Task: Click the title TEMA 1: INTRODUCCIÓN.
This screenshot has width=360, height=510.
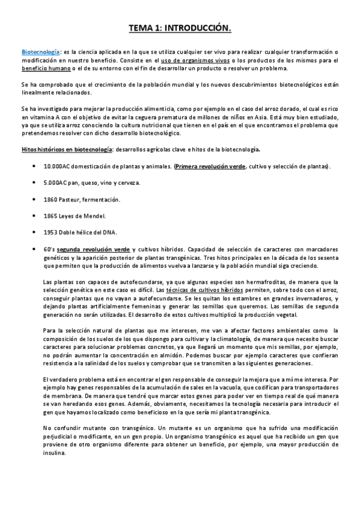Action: click(180, 28)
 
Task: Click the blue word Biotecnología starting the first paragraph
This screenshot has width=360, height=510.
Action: click(40, 52)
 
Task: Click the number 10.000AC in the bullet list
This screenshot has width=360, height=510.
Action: click(58, 166)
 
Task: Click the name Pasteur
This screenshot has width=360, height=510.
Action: click(70, 199)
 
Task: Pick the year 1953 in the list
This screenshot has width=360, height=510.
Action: click(51, 232)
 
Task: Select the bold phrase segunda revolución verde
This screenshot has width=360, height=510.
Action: click(92, 249)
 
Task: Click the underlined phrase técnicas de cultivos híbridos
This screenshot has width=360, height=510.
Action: click(200, 290)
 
